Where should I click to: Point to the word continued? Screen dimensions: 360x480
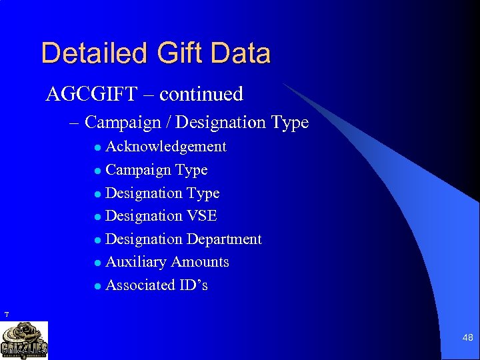201,94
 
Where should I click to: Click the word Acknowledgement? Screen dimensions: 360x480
166,147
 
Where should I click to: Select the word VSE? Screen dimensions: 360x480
202,216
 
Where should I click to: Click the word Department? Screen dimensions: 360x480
224,239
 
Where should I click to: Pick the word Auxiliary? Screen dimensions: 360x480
135,262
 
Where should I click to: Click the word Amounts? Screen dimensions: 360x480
200,262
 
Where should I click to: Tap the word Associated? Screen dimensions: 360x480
139,285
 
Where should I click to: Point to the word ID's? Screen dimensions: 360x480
193,285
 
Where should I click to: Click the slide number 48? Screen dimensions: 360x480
467,338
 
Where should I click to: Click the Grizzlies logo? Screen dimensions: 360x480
24,340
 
